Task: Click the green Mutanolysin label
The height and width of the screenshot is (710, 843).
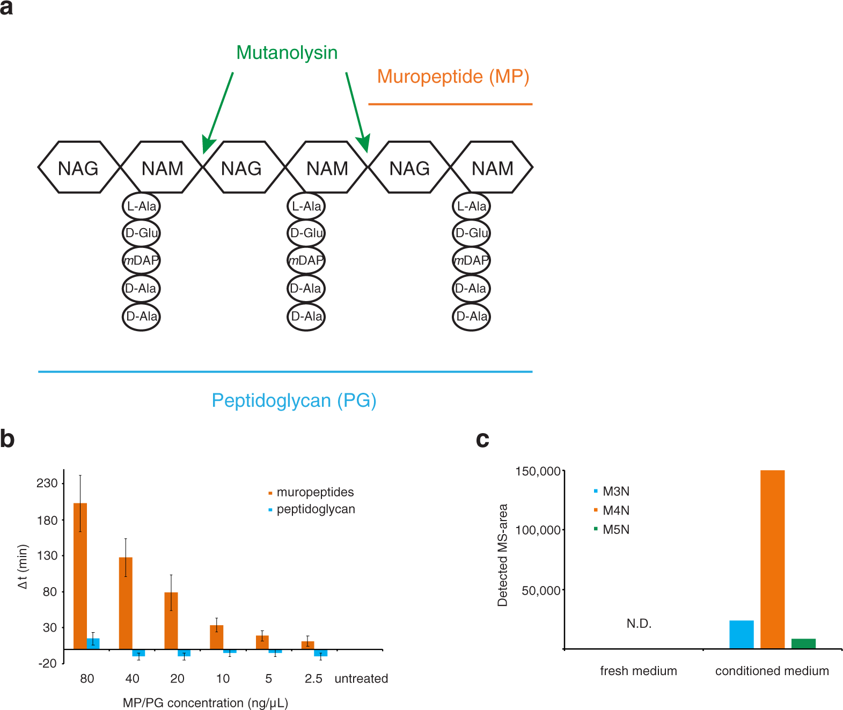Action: point(287,53)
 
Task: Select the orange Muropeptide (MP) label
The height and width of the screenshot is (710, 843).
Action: point(453,76)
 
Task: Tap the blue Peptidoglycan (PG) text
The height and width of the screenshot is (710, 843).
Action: point(294,400)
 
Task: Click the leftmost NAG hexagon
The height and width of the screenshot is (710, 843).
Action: point(78,168)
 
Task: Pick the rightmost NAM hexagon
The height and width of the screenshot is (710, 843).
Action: point(492,168)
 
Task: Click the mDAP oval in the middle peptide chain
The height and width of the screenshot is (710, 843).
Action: point(306,261)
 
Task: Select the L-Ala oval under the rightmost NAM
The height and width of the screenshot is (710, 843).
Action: point(472,206)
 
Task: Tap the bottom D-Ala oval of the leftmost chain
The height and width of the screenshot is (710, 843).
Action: point(141,317)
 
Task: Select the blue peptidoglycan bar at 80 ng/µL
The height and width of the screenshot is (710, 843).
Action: point(93,643)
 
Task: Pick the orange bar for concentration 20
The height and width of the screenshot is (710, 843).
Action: point(171,620)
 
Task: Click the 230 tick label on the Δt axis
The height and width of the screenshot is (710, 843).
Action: point(47,483)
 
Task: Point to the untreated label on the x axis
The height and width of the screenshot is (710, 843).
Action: point(361,679)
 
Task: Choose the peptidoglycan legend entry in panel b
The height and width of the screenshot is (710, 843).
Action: point(315,509)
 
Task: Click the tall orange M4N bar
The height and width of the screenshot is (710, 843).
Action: point(772,559)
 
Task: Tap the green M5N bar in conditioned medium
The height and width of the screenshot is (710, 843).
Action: point(803,643)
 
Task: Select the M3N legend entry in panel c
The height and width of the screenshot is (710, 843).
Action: point(615,491)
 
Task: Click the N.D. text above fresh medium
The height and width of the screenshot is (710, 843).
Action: point(639,624)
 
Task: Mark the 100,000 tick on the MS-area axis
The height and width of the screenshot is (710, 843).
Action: point(538,530)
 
